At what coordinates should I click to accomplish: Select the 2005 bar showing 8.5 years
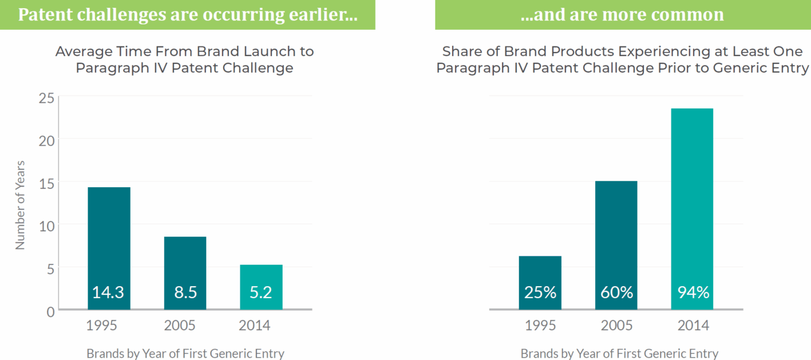(185, 272)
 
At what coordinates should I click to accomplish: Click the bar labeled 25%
(540, 282)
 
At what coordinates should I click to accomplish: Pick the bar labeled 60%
(616, 244)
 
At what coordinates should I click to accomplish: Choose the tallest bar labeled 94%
(692, 209)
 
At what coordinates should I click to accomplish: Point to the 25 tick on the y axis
(47, 97)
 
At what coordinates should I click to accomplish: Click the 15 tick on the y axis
(47, 182)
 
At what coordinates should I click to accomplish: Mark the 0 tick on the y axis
(50, 311)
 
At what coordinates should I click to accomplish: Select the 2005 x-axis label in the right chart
(616, 325)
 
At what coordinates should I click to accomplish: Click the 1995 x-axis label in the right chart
(540, 325)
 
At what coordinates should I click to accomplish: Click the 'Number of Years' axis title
(20, 204)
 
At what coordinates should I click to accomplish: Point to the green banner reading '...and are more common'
(623, 15)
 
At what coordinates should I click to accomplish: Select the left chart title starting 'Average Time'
(184, 60)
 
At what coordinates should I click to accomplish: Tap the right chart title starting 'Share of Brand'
(623, 60)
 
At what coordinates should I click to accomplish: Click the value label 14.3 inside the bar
(109, 293)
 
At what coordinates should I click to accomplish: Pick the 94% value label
(692, 293)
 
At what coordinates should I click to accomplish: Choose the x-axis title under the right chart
(619, 353)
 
